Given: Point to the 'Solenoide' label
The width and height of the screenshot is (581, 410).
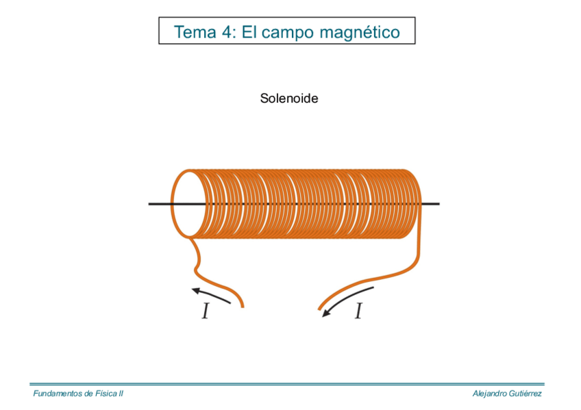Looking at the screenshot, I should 289,99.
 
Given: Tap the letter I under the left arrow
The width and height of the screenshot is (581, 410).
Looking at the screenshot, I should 205,312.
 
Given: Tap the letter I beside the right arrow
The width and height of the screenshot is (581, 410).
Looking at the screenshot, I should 358,312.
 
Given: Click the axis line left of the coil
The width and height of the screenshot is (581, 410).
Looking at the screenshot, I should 159,204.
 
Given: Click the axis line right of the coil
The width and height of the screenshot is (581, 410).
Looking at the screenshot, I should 430,204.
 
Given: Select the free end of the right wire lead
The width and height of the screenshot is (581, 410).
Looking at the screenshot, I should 320,309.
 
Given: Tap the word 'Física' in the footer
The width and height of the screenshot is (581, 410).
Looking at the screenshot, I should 106,394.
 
